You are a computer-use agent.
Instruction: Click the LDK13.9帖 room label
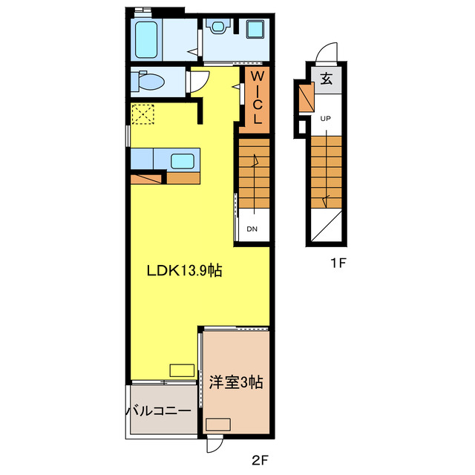pos(183,271)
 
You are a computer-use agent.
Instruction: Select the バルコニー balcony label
pos(162,410)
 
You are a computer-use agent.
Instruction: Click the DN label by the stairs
pos(252,229)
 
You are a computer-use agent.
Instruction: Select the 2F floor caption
pos(258,460)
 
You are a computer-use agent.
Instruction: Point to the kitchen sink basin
pos(183,160)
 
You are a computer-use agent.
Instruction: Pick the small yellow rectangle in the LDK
pos(181,370)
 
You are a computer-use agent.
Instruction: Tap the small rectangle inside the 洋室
pos(218,424)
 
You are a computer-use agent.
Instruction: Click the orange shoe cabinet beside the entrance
pos(304,96)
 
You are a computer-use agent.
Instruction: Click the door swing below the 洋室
pos(213,444)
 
